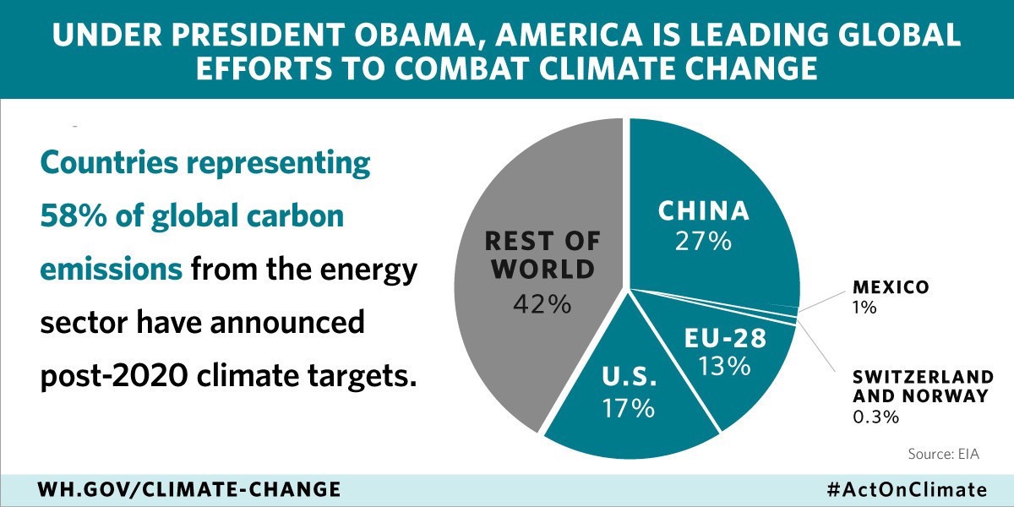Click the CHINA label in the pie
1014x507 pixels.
point(704,210)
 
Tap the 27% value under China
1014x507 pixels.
point(703,242)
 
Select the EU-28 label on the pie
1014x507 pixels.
point(724,339)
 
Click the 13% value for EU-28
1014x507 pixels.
point(724,367)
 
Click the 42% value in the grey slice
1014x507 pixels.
point(542,303)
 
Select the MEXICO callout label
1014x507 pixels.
point(891,287)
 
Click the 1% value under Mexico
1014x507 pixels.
point(864,308)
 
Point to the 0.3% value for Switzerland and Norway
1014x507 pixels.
point(875,417)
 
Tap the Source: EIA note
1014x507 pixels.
point(944,455)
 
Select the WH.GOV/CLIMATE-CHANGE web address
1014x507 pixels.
point(189,489)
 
